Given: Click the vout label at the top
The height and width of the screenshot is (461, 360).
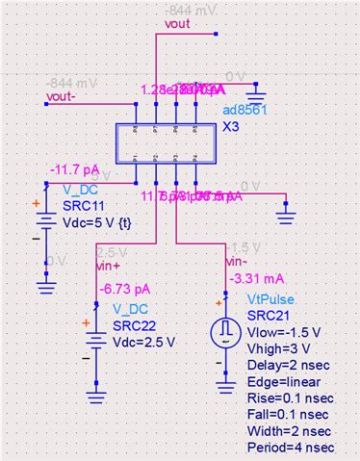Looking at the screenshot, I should [179, 24].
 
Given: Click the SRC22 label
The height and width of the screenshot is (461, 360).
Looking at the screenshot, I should [134, 324].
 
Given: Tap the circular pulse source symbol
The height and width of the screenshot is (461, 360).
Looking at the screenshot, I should [224, 330].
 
